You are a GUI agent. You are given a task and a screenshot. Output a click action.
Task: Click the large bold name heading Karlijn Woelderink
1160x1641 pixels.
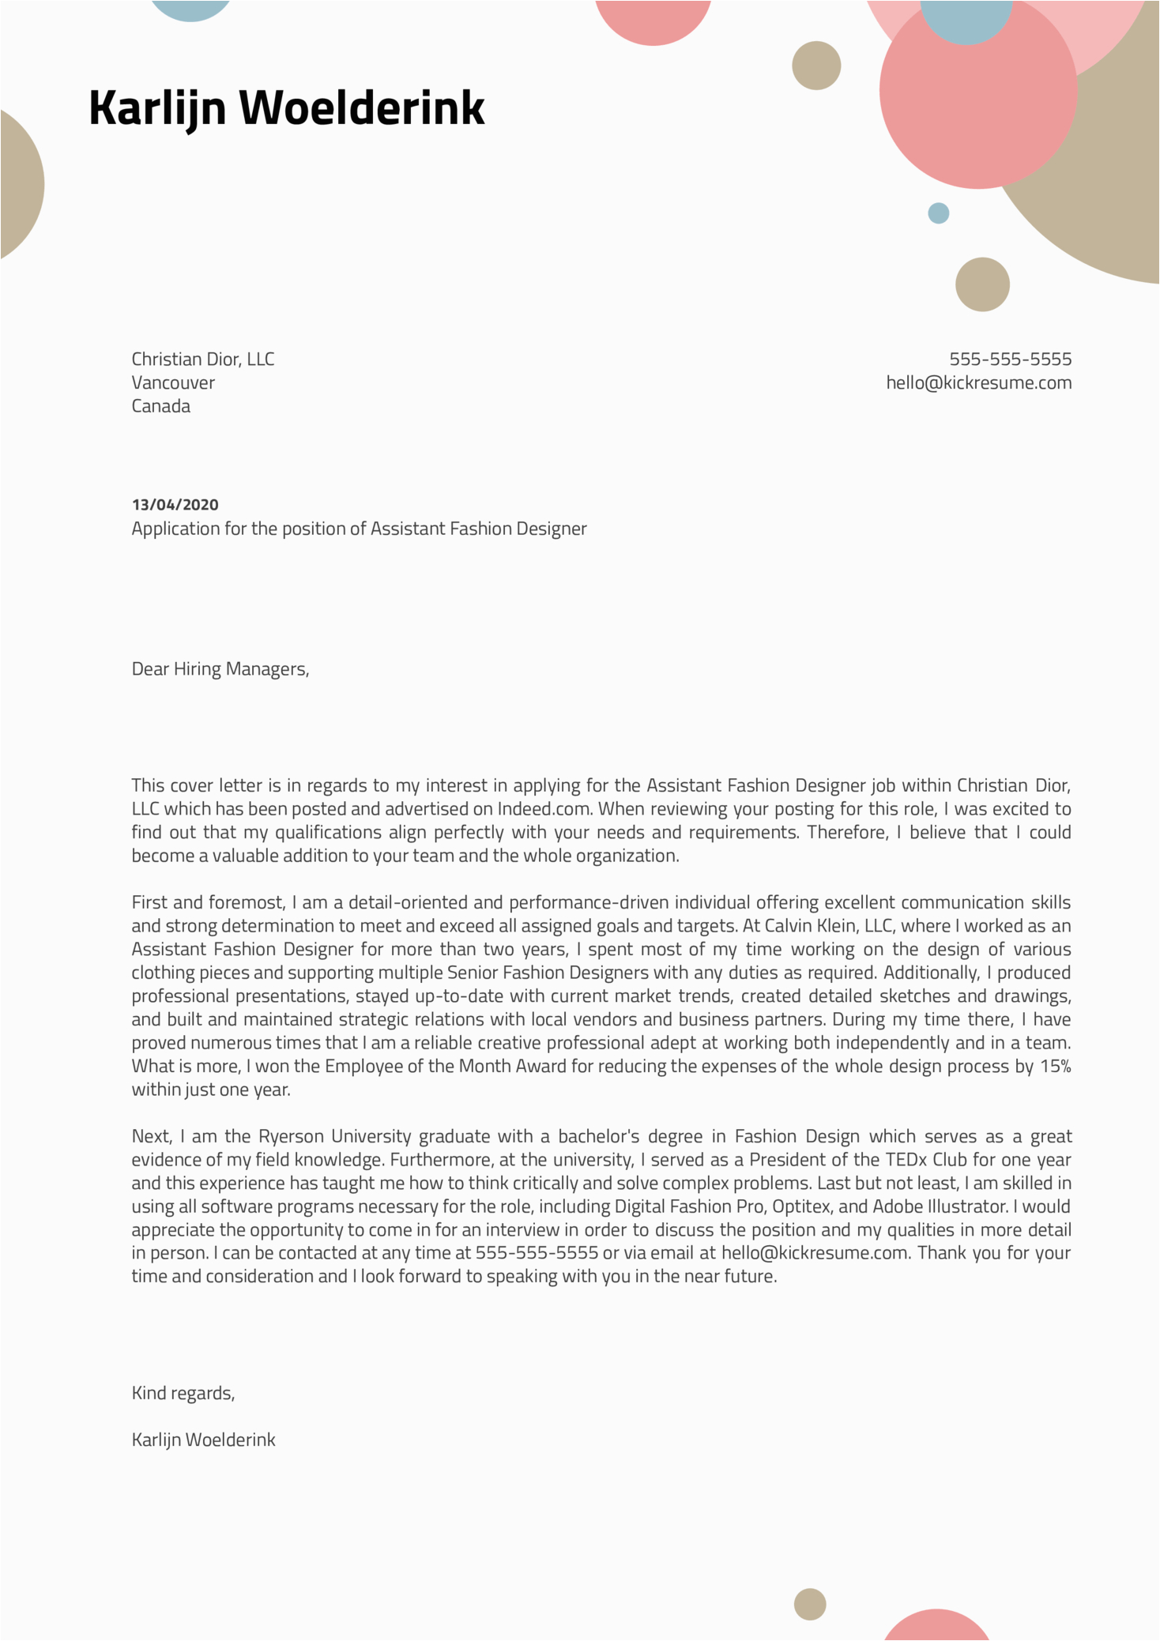[x=286, y=107]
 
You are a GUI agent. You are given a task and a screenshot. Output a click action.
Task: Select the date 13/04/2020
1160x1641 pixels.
[x=175, y=505]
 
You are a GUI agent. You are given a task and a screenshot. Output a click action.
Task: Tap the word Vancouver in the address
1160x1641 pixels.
[x=173, y=383]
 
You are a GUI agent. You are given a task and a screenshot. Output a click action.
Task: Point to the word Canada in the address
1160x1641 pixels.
[x=160, y=406]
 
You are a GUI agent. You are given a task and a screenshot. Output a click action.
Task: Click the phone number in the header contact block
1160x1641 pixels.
[x=1010, y=359]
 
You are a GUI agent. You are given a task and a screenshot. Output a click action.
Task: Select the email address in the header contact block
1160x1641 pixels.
[x=978, y=383]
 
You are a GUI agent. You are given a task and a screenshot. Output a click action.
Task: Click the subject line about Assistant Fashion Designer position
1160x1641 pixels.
[x=359, y=529]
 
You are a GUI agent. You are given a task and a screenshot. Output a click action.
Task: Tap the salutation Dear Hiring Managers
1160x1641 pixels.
[x=220, y=669]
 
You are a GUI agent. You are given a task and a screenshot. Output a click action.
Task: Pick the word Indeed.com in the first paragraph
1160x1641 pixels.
[x=544, y=809]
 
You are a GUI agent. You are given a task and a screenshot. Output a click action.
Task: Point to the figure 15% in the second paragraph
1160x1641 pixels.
[x=1055, y=1067]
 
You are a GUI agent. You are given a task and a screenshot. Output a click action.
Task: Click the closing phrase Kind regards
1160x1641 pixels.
[x=183, y=1393]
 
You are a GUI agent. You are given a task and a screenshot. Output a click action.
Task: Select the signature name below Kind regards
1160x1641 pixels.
[x=203, y=1440]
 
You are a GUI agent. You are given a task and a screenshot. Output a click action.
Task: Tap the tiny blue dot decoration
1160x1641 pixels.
[x=938, y=213]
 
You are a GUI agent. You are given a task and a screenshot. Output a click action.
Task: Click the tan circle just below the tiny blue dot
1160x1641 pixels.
[x=982, y=284]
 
